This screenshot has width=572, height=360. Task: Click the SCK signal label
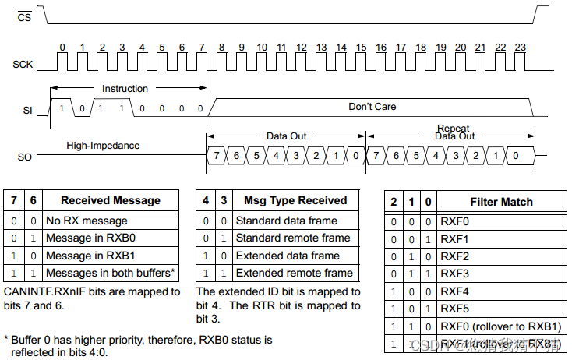pyautogui.click(x=23, y=64)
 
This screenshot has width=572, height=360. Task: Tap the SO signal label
pyautogui.click(x=24, y=157)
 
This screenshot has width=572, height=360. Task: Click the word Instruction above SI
pyautogui.click(x=125, y=89)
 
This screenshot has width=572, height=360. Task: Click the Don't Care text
pyautogui.click(x=372, y=106)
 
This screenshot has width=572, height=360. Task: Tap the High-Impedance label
pyautogui.click(x=103, y=145)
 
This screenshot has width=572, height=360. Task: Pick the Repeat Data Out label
pyautogui.click(x=455, y=132)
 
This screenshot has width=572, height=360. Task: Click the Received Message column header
pyautogui.click(x=110, y=201)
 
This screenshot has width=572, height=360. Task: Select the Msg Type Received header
pyautogui.click(x=295, y=201)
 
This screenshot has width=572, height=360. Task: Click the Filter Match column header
pyautogui.click(x=501, y=202)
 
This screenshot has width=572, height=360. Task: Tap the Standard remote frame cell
pyautogui.click(x=292, y=238)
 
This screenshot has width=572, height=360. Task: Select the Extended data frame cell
pyautogui.click(x=288, y=256)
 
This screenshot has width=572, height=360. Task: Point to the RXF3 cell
pyautogui.click(x=455, y=274)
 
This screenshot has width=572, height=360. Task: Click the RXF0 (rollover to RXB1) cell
pyautogui.click(x=500, y=326)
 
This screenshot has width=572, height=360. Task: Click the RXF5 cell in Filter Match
pyautogui.click(x=455, y=309)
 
